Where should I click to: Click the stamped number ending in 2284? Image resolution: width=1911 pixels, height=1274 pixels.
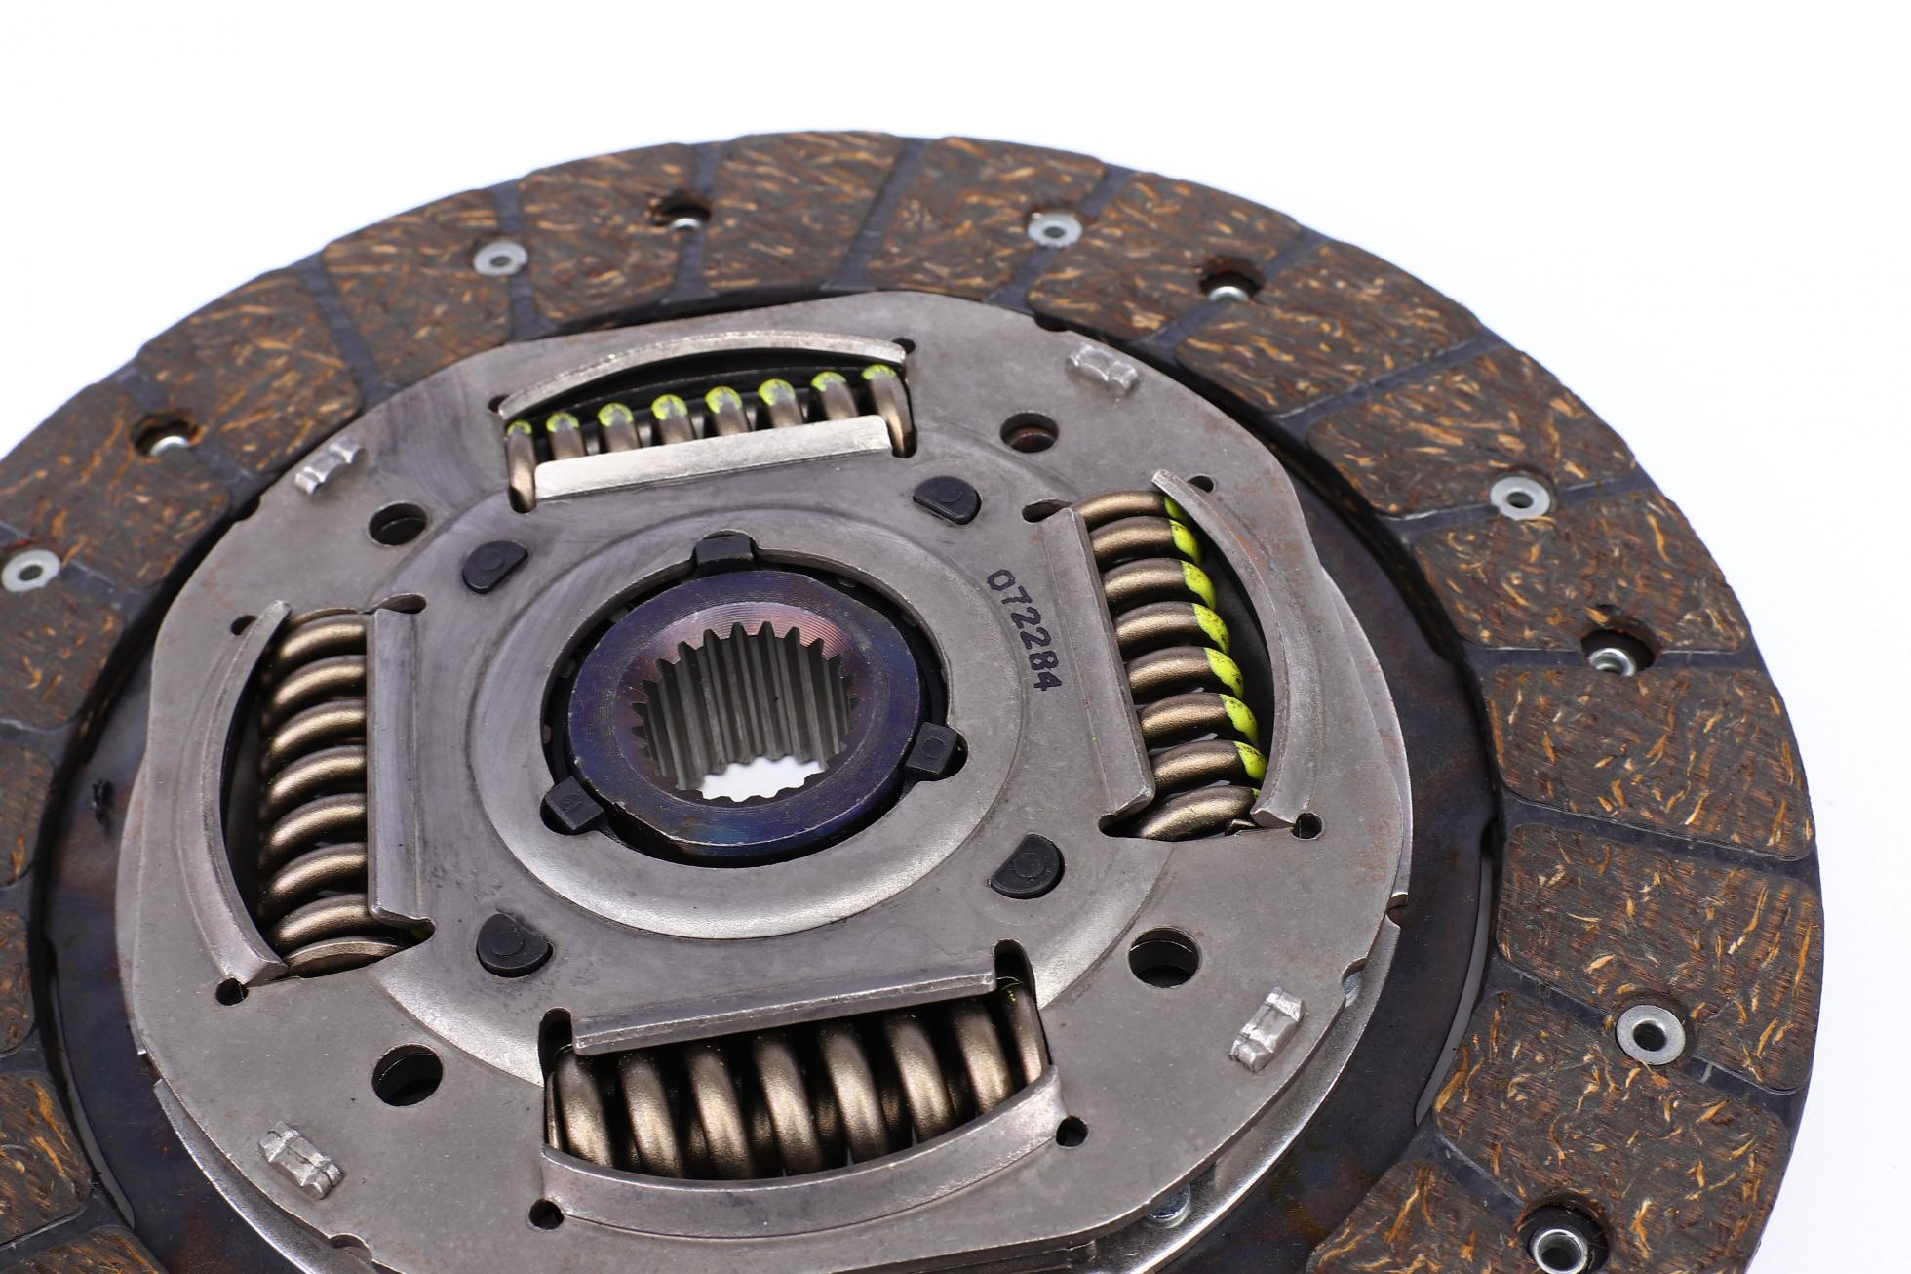1022,630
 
